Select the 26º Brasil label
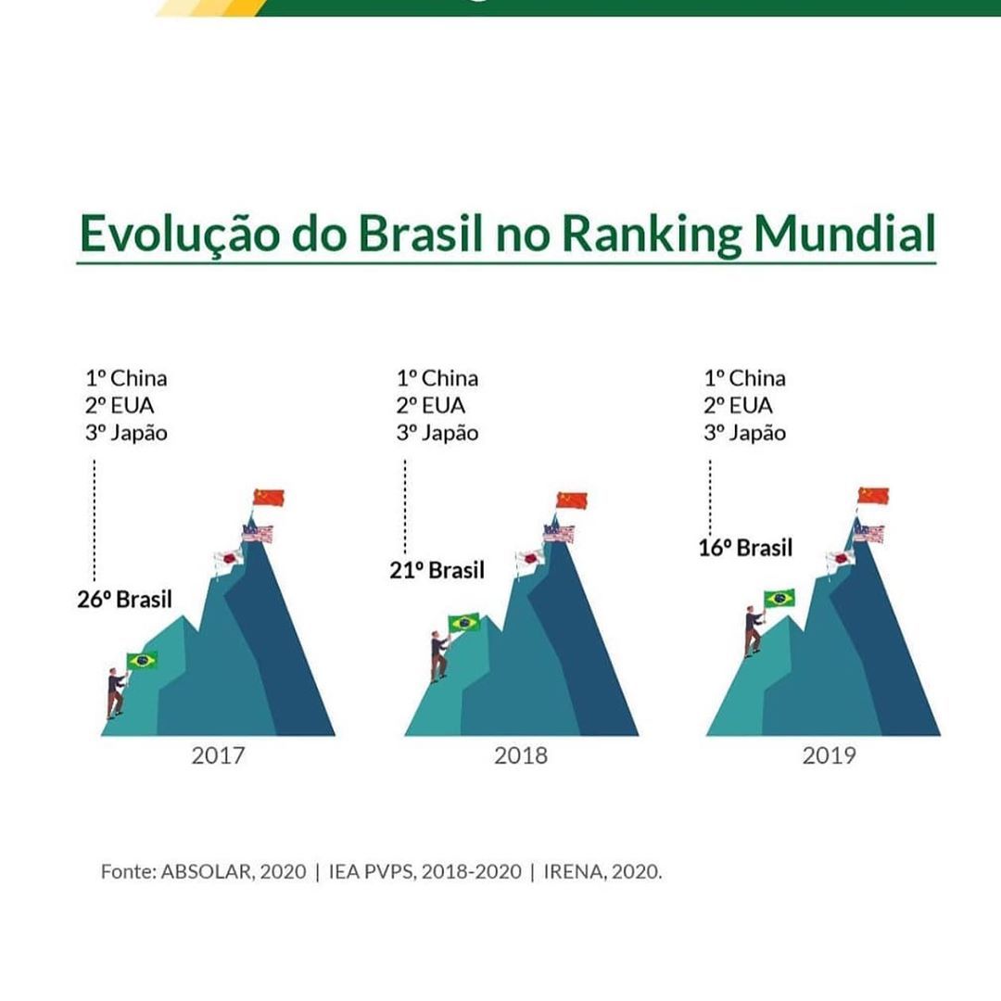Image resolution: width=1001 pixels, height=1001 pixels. point(124,599)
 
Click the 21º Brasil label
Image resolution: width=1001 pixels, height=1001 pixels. point(437,570)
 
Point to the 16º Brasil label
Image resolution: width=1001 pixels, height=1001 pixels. point(745,548)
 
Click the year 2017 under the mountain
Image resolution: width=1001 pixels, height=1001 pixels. point(219,755)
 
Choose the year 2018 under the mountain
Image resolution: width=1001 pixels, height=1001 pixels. point(521,755)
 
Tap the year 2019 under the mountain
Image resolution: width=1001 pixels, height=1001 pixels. point(829,755)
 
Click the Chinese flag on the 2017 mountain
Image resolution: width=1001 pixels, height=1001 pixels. point(269,498)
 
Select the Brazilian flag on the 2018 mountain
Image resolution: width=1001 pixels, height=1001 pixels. point(464,623)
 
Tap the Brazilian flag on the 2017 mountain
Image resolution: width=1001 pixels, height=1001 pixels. point(142,661)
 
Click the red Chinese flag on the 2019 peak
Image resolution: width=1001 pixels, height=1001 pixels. point(873,496)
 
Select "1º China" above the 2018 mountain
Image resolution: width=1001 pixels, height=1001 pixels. point(437,378)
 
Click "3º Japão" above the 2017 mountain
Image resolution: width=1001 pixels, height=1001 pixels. point(127,433)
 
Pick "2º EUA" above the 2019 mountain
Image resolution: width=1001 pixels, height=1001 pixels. point(739,405)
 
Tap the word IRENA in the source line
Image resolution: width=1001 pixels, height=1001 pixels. point(577,871)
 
